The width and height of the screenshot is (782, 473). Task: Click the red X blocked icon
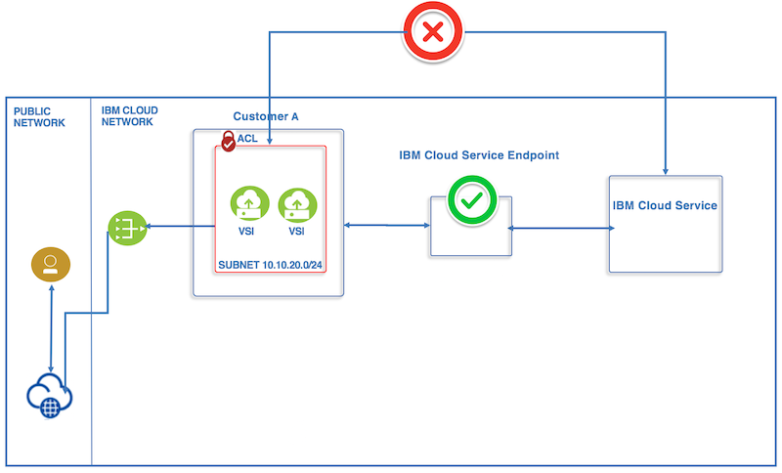point(433,32)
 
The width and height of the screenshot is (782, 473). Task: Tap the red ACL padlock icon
point(228,141)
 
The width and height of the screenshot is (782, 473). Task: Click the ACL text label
point(247,139)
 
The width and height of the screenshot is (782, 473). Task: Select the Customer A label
point(265,116)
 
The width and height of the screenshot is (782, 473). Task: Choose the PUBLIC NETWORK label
point(39,116)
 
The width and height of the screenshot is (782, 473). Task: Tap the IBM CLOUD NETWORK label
point(129,116)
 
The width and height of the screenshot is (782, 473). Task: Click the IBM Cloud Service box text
point(665,205)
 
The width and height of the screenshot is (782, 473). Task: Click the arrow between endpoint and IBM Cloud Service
point(561,229)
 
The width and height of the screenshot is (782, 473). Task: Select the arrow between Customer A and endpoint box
point(387,227)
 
